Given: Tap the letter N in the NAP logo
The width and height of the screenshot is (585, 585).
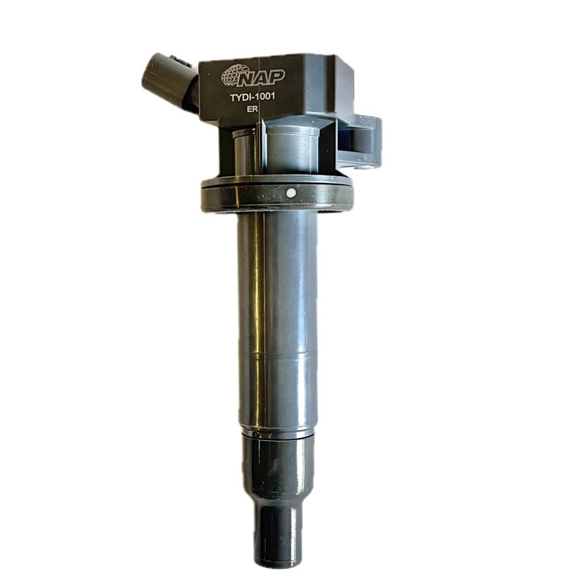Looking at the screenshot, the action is point(248,78).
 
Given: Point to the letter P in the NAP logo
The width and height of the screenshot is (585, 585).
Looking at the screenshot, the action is point(276,78).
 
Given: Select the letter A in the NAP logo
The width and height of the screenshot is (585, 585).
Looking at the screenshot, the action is point(263,78).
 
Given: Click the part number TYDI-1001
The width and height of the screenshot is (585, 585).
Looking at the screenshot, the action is point(252,97).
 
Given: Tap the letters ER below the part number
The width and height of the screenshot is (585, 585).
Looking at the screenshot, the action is point(252,110).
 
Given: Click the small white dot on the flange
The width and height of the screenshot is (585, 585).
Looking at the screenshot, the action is point(290,193).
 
